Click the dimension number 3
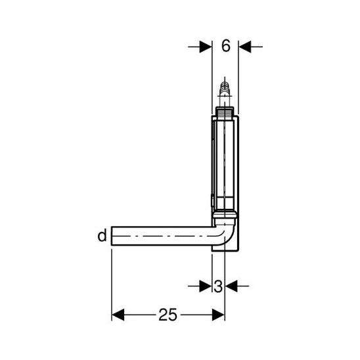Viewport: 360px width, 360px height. [x=218, y=286]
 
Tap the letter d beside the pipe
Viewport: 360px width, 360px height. [x=102, y=235]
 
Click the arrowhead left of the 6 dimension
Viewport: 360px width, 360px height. [x=206, y=46]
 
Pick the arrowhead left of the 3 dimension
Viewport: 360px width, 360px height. [x=206, y=286]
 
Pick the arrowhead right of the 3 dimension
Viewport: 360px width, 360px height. [x=231, y=286]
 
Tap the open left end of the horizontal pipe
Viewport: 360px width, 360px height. [x=114, y=235]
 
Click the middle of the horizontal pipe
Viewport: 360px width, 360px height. [x=164, y=235]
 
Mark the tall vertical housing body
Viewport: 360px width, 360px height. [x=225, y=164]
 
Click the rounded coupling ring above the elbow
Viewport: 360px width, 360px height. [x=225, y=217]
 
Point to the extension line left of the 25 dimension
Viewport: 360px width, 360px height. [x=112, y=282]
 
